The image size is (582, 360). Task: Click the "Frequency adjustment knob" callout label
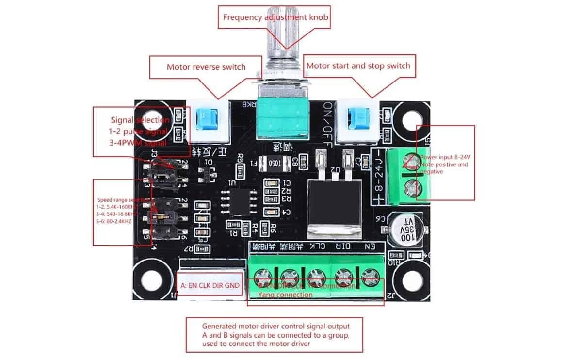276,18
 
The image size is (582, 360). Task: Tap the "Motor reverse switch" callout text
206,67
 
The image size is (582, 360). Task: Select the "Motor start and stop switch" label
358,65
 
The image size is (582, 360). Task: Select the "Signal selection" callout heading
140,120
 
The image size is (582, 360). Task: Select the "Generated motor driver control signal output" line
275,326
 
